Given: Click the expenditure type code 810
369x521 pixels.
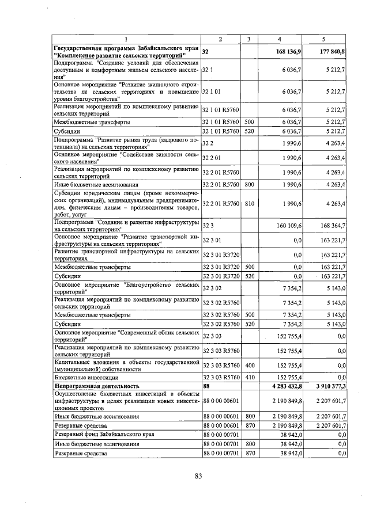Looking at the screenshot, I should tap(250, 204).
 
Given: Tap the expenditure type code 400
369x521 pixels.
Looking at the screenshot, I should tap(250, 364).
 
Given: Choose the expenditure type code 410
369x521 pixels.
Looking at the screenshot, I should tap(250, 377).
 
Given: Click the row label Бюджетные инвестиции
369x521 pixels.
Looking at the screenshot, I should tap(82, 377).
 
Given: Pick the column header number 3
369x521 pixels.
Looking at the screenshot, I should tap(249, 39).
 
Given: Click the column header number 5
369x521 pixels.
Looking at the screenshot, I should tap(324, 39).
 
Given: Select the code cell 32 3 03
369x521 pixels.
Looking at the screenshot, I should tap(212, 335).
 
